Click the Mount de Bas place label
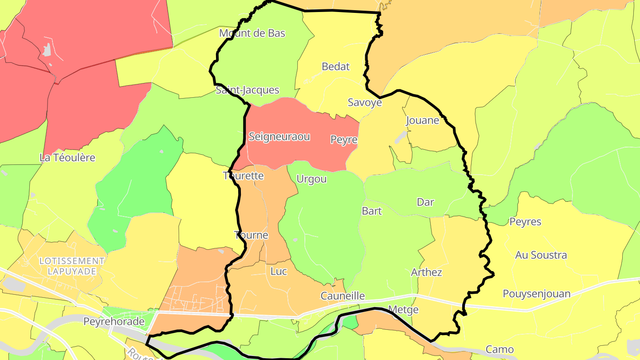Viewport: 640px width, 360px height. [x=252, y=33]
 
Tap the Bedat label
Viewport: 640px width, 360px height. [x=336, y=67]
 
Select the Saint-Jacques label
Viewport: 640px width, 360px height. [x=247, y=90]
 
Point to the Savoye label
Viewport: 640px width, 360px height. [x=364, y=103]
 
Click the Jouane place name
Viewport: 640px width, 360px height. [x=422, y=120]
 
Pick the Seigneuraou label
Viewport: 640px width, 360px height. [x=279, y=136]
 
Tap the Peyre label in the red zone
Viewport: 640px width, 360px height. [x=344, y=140]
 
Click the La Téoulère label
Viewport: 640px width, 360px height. [x=68, y=157]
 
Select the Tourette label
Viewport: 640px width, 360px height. [x=243, y=176]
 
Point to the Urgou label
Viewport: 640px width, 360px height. [x=311, y=179]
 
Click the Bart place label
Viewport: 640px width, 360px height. [x=372, y=211]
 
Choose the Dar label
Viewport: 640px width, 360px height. [x=425, y=202]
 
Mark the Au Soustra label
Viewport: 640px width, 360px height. [x=541, y=255]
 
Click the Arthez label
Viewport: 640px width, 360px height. [x=426, y=272]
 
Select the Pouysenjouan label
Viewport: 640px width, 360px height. [x=536, y=294]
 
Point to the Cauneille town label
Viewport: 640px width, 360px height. [x=343, y=296]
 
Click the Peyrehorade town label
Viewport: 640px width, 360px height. [x=114, y=321]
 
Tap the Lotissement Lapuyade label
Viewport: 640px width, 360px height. [x=72, y=266]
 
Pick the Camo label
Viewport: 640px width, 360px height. [x=500, y=349]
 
